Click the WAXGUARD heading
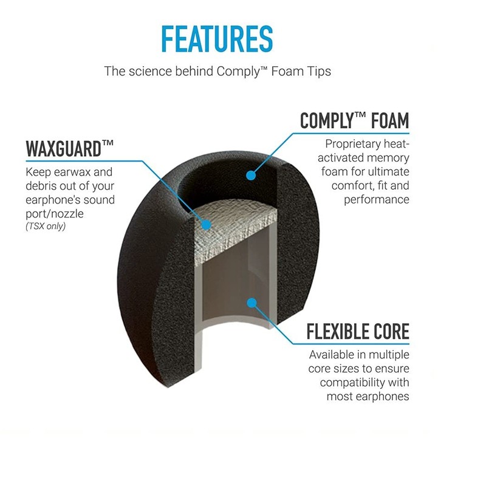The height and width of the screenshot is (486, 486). click(x=70, y=149)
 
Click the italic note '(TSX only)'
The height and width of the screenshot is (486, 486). click(x=46, y=227)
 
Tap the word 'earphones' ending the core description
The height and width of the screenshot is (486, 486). click(x=383, y=397)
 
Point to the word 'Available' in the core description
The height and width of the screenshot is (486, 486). click(x=334, y=355)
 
